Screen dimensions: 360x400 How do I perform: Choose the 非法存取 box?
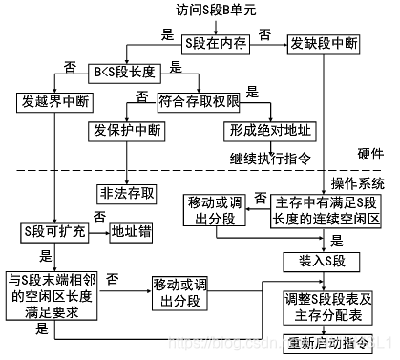[x=127, y=191]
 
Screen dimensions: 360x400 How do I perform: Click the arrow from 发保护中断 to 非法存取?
[x=127, y=162]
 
